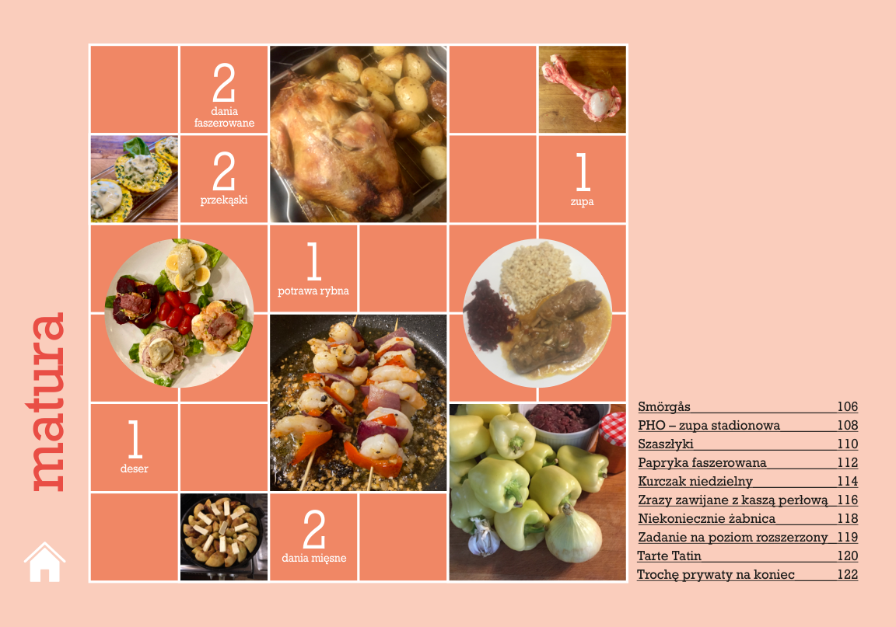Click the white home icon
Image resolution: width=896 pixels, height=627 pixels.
(44, 562)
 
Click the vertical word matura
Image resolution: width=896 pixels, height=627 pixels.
(48, 402)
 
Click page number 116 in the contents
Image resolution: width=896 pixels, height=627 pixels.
(848, 500)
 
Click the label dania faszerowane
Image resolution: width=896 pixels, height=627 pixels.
(224, 117)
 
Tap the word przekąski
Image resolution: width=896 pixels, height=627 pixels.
(224, 200)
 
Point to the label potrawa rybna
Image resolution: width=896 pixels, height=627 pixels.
(313, 291)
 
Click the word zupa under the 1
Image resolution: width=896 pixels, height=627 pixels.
(583, 201)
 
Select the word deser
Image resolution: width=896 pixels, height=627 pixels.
(135, 469)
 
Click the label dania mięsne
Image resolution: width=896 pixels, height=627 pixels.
(313, 558)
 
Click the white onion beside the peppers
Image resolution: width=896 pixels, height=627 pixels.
(572, 535)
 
